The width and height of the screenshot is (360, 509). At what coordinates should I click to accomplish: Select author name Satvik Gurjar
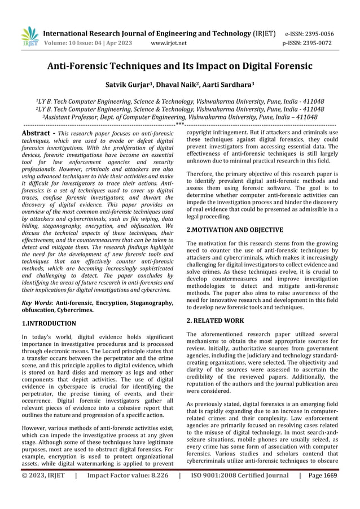tap(132, 85)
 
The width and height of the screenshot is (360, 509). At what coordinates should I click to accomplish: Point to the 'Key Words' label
tap(28, 303)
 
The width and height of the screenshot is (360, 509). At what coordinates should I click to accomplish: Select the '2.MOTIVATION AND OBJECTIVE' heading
tap(234, 230)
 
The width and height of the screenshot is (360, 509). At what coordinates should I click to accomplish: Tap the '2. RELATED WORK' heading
tap(215, 319)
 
